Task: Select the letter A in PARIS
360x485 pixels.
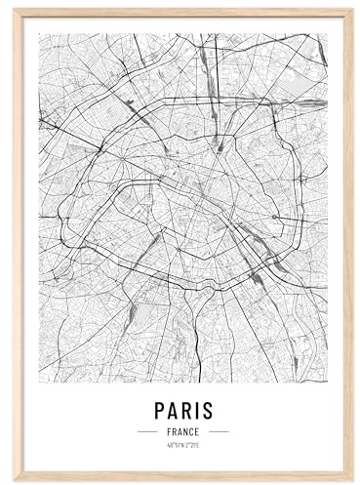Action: click(173, 410)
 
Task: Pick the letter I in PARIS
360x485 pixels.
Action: click(196, 410)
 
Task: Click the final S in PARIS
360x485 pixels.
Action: click(207, 410)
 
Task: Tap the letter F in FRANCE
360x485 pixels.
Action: click(169, 431)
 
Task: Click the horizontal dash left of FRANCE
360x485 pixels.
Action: click(147, 431)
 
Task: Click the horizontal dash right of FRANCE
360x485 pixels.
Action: click(218, 431)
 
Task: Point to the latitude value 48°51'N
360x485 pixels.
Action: click(175, 445)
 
